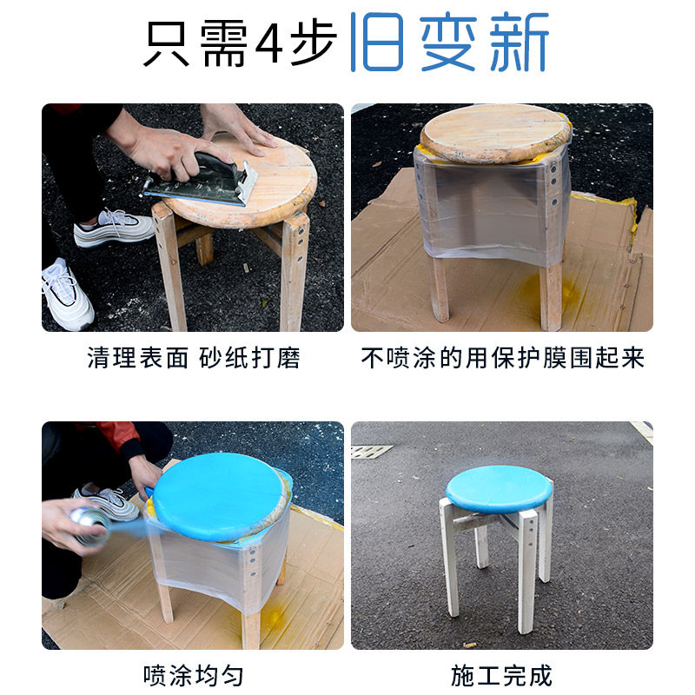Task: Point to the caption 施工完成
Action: (x=502, y=675)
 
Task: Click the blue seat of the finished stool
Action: (x=500, y=487)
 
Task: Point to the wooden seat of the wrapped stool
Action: (x=495, y=132)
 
